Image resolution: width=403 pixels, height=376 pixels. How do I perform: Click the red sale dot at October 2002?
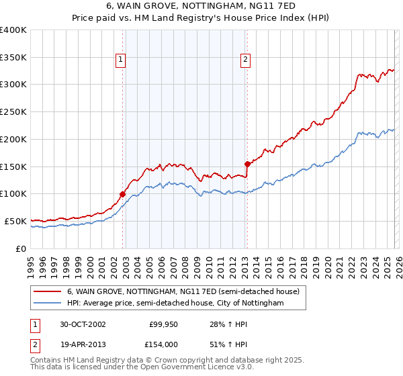click(123, 194)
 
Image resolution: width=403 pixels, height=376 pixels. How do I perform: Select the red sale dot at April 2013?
click(247, 164)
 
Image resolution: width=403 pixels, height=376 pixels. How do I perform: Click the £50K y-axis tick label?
click(14, 221)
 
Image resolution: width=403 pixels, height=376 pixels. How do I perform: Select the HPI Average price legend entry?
click(175, 303)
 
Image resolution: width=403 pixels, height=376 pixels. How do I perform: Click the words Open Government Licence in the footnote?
click(182, 367)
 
